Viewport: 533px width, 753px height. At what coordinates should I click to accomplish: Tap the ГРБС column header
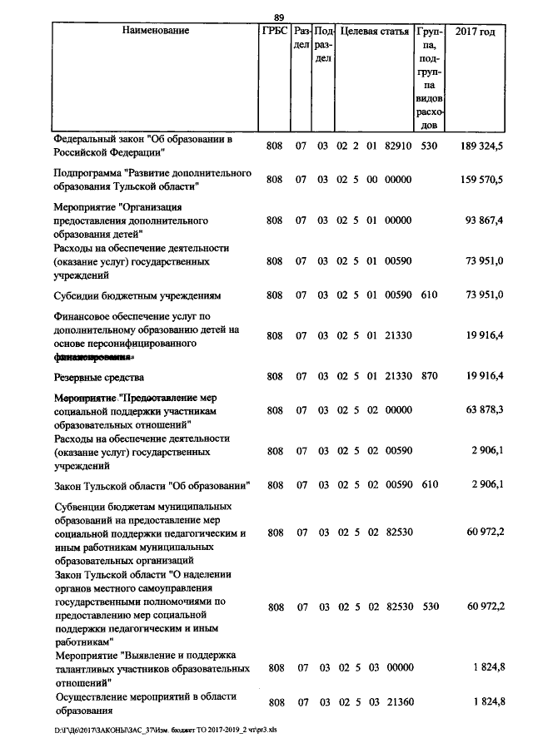pos(275,31)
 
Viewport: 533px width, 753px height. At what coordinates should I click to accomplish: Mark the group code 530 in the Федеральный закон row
pos(429,146)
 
